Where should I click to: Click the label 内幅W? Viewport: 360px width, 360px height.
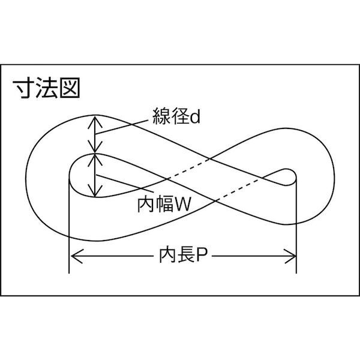164,205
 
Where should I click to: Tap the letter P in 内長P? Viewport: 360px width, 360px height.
202,257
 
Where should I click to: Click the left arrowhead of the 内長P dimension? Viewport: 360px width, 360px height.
73,257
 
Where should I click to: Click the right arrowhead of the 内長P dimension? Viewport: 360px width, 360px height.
293,257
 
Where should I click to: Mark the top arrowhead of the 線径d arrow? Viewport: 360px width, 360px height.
94,119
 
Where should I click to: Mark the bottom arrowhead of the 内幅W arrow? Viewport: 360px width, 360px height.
94,193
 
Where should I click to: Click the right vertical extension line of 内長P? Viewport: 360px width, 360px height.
297,234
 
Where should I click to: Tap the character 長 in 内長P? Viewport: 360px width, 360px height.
182,257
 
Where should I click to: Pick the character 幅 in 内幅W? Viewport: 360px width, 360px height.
164,205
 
